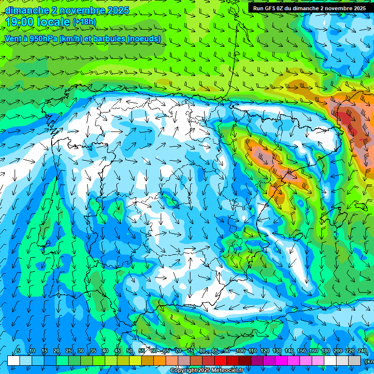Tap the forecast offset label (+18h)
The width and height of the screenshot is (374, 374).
[x=84, y=22]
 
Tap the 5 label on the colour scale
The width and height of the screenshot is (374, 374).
[x=18, y=351]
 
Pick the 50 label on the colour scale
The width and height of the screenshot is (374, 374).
[x=130, y=351]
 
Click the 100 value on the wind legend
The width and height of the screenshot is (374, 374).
[x=240, y=351]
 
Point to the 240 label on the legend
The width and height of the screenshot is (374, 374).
[x=362, y=351]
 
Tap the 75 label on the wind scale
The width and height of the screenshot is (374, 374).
[x=190, y=351]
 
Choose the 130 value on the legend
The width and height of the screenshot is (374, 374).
[x=277, y=351]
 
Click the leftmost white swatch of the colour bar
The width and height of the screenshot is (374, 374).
[x=14, y=360]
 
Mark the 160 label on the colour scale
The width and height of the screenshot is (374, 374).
[x=313, y=351]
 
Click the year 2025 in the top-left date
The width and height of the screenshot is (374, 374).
[x=115, y=10]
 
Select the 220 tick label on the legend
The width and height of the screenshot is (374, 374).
[x=350, y=351]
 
